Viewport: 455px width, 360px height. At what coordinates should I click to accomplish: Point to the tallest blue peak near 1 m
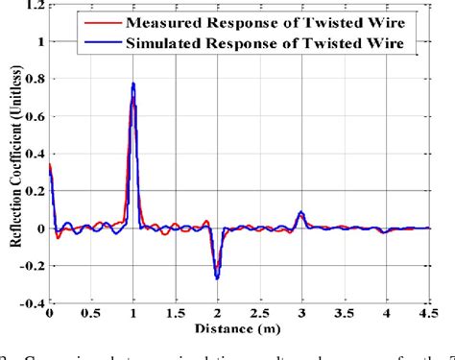(133, 84)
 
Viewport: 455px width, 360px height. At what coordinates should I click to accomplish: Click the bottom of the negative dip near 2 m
(218, 277)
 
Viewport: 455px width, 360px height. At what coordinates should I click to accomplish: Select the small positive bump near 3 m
(301, 213)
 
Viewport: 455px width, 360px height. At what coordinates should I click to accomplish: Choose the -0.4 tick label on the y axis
(32, 303)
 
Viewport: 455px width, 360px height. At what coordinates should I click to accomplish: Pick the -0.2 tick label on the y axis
(32, 266)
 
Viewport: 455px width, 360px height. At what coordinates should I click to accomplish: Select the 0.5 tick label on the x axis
(91, 314)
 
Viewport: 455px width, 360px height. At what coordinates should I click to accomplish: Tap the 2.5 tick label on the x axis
(259, 314)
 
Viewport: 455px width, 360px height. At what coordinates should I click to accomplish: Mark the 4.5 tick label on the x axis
(426, 314)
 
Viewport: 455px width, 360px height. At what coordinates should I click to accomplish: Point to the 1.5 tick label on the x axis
(175, 314)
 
